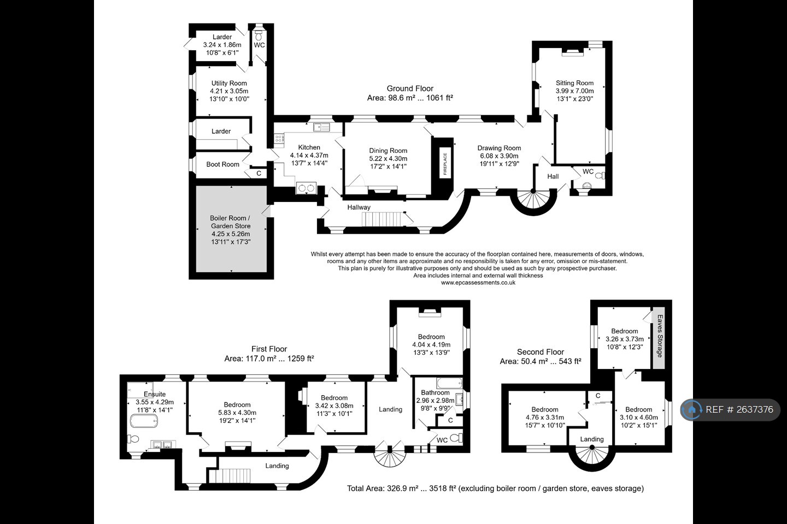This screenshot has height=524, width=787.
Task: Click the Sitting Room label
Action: point(574,83)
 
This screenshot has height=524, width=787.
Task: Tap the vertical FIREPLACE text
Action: point(445,164)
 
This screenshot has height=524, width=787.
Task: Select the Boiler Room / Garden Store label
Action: point(231,222)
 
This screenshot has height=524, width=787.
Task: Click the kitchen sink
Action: point(321,127)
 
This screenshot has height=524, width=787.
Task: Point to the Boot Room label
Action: point(223,164)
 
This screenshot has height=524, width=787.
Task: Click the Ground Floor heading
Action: point(410,88)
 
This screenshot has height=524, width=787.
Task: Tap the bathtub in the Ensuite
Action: point(144,421)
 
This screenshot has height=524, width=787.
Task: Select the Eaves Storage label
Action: point(660,336)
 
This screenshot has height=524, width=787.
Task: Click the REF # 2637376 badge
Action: point(730,409)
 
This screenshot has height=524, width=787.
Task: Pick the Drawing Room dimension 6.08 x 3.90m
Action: point(500,156)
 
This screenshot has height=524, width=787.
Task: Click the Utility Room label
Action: point(229,83)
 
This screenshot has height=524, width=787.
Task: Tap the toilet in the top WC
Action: point(259,35)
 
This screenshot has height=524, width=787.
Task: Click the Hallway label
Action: point(359,207)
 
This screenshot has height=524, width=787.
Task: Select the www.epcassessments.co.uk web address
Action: point(478,283)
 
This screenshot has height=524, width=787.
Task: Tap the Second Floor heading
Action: point(541,352)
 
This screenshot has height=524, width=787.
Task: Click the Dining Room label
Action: point(388,151)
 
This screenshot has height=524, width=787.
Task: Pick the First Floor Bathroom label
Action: point(435,393)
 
